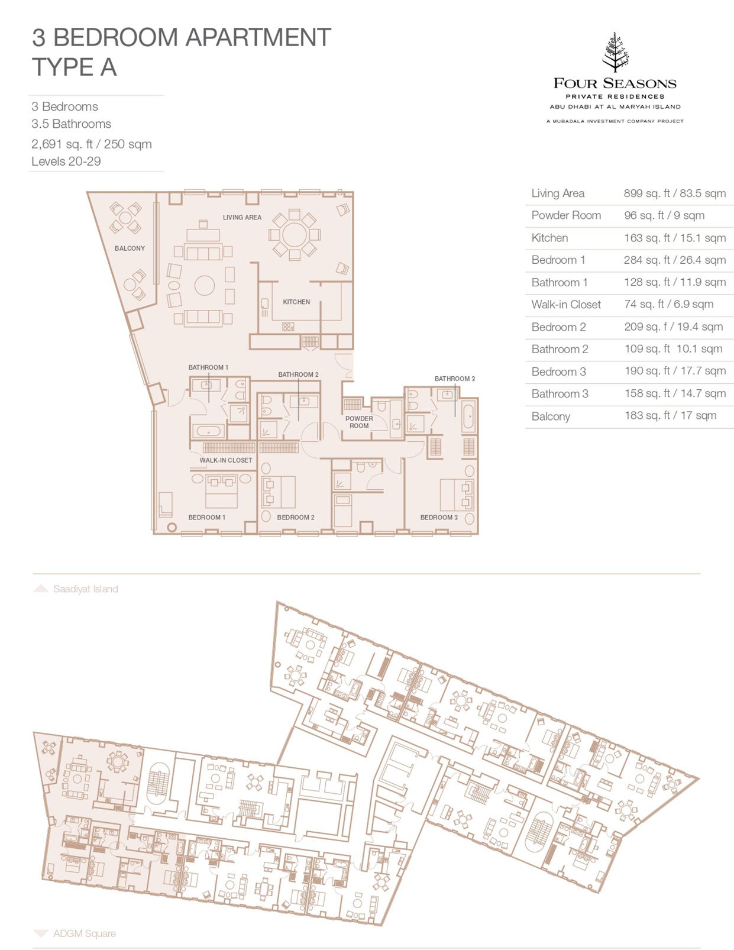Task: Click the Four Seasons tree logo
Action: pos(615,52)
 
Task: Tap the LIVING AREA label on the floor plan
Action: pos(242,217)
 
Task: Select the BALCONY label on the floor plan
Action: pos(130,248)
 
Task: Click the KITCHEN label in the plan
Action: pos(296,302)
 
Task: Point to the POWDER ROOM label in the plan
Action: pos(359,422)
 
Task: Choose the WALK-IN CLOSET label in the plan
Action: pos(225,460)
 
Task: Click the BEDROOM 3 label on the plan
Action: pos(439,517)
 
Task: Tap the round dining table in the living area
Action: pos(294,235)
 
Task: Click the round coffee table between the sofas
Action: pos(205,286)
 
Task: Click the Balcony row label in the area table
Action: pos(551,416)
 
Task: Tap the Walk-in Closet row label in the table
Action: pos(566,304)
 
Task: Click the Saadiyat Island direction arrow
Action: pos(41,589)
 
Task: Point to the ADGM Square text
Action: pos(85,933)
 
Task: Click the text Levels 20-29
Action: pos(66,161)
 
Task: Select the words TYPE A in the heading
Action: pos(75,67)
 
